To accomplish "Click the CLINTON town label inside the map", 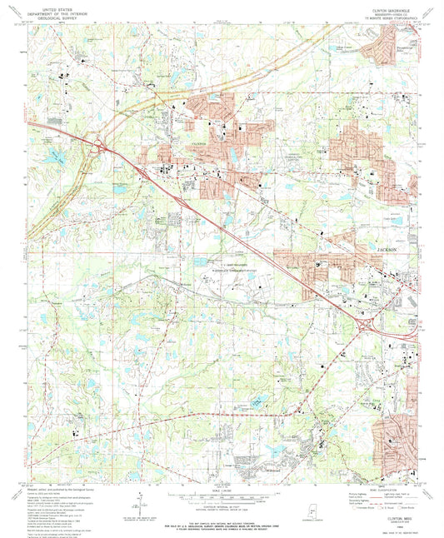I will coord(192,143).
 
